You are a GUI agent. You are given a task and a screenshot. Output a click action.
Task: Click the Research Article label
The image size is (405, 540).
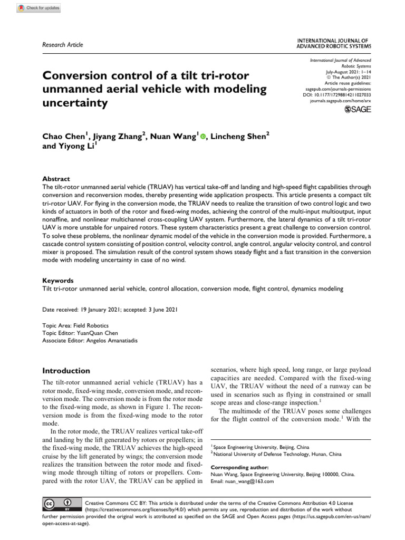pos(62,45)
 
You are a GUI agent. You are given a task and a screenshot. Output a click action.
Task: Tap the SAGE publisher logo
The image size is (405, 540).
pos(358,109)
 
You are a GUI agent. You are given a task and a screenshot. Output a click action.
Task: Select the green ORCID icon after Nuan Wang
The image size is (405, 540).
pos(203,137)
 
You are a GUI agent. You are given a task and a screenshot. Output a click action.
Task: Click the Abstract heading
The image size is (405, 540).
pos(55,179)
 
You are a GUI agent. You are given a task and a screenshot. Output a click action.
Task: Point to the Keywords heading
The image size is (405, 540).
pos(57,281)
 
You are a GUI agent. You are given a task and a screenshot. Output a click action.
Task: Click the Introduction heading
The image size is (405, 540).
pos(66,370)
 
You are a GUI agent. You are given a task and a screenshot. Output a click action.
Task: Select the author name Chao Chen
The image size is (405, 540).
pos(62,137)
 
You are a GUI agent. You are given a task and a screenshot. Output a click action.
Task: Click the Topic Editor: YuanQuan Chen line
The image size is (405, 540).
pos(80,333)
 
